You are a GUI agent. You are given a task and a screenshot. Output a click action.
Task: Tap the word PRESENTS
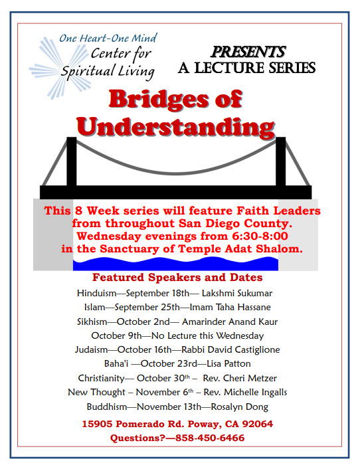(248, 52)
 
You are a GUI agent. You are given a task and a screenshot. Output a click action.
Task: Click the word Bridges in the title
(159, 100)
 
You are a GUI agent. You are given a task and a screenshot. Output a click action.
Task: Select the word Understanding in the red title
(175, 127)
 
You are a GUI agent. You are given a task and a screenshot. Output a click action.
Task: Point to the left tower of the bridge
(72, 161)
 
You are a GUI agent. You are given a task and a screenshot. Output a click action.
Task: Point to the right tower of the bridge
(280, 161)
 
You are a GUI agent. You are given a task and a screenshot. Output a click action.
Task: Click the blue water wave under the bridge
(175, 264)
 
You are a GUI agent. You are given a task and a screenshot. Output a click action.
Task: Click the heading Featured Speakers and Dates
(177, 277)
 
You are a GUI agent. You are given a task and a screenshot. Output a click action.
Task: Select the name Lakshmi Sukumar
(237, 293)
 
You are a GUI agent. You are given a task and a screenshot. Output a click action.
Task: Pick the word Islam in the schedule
(95, 307)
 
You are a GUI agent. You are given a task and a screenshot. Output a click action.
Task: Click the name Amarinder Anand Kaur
(230, 322)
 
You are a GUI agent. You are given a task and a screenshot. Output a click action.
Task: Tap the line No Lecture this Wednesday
(207, 335)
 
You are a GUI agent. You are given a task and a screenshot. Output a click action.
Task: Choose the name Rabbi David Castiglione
(230, 349)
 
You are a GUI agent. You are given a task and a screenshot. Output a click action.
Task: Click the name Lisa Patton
(228, 363)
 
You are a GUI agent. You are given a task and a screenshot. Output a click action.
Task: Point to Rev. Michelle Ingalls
(245, 392)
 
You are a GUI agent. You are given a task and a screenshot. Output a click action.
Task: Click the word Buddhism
(107, 407)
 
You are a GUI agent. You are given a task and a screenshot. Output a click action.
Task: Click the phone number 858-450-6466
(210, 438)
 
